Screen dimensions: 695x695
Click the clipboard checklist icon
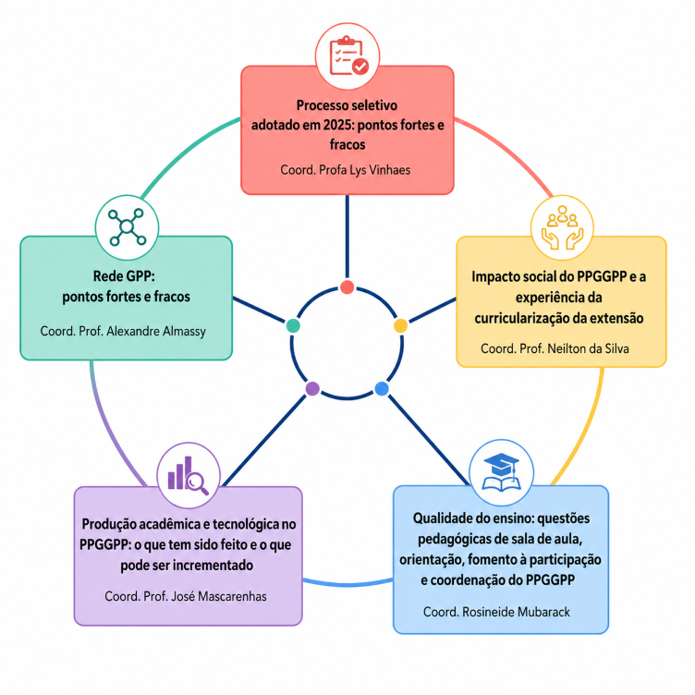348,55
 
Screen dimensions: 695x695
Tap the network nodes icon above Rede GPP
128,227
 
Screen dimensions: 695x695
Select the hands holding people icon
562,227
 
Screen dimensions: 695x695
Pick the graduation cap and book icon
501,472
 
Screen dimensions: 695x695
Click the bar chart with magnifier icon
188,475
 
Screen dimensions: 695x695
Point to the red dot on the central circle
347,287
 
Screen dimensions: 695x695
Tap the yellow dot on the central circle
401,325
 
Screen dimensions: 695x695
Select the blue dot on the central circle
382,389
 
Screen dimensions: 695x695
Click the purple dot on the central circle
312,389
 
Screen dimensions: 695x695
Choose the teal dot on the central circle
293,325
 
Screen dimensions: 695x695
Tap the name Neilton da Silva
588,348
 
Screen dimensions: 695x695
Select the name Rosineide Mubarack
516,612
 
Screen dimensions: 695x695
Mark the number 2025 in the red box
338,125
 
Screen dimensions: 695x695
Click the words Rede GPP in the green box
124,276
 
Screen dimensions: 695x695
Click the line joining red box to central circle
347,237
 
